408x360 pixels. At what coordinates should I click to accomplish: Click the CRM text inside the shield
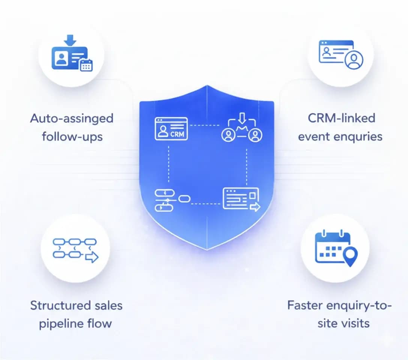pos(177,133)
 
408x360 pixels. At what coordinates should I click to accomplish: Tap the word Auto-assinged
pos(72,118)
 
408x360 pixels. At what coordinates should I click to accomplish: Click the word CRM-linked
pos(341,118)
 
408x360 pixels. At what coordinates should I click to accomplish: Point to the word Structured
pos(60,306)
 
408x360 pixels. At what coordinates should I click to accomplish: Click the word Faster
pos(304,306)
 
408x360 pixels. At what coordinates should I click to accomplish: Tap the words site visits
pos(343,323)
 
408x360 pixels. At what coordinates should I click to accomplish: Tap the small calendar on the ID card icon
pos(86,65)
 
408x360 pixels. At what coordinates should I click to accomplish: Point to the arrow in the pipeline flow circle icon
pos(91,258)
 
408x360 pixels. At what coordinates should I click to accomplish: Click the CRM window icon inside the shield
pos(171,129)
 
